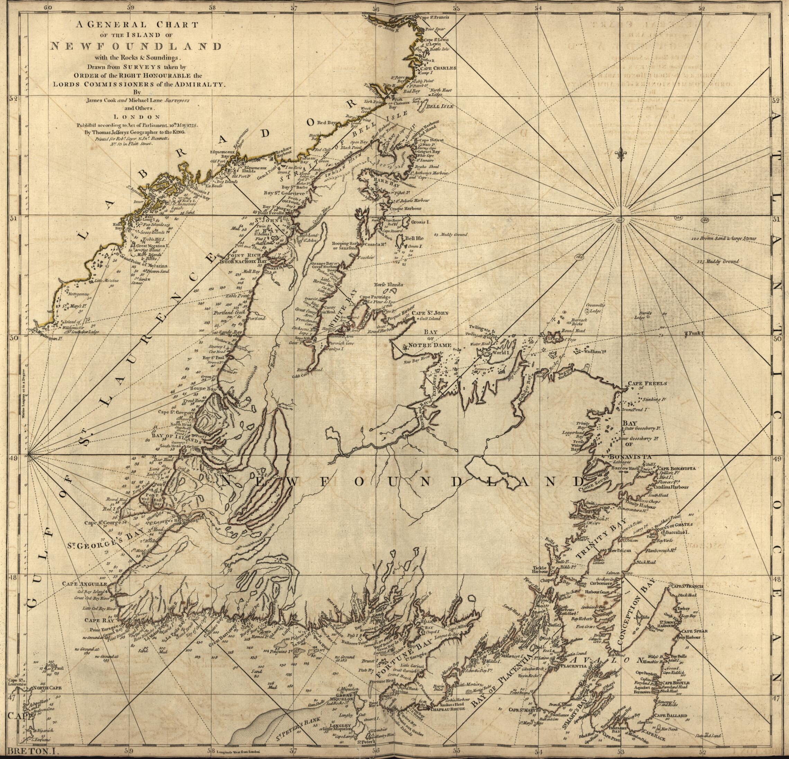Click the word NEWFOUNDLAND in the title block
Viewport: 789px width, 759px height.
pyautogui.click(x=136, y=46)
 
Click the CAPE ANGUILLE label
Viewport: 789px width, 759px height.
pyautogui.click(x=84, y=584)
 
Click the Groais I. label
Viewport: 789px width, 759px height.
pyautogui.click(x=421, y=222)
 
